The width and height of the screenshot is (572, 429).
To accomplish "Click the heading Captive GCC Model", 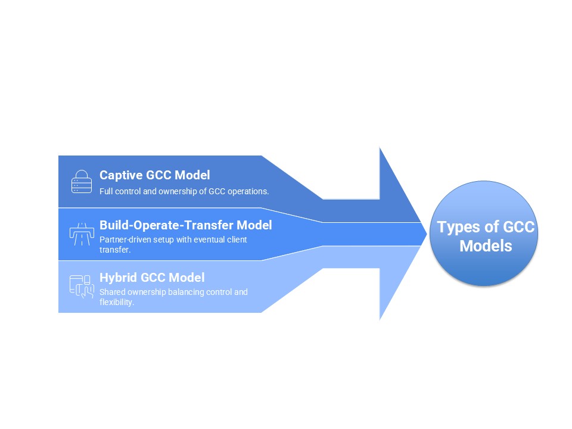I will coord(154,175).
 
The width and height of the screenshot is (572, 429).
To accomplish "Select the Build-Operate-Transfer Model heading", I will coord(185,225).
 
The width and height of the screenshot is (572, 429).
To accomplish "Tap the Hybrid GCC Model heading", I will coord(152,278).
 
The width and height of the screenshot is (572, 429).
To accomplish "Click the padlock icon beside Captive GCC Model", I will coord(81,182).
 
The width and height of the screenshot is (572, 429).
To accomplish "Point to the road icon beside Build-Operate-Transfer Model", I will coord(81,234).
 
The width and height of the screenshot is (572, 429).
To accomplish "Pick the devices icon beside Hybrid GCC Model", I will coord(81,286).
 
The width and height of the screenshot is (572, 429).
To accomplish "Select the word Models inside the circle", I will coord(486,245).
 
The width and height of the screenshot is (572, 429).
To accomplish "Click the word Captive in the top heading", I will coord(121,175).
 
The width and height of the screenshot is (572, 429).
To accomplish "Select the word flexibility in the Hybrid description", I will coord(116,302).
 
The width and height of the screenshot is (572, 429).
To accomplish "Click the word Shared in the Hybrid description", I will coord(111,292).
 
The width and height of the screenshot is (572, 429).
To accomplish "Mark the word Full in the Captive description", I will coord(106,191).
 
